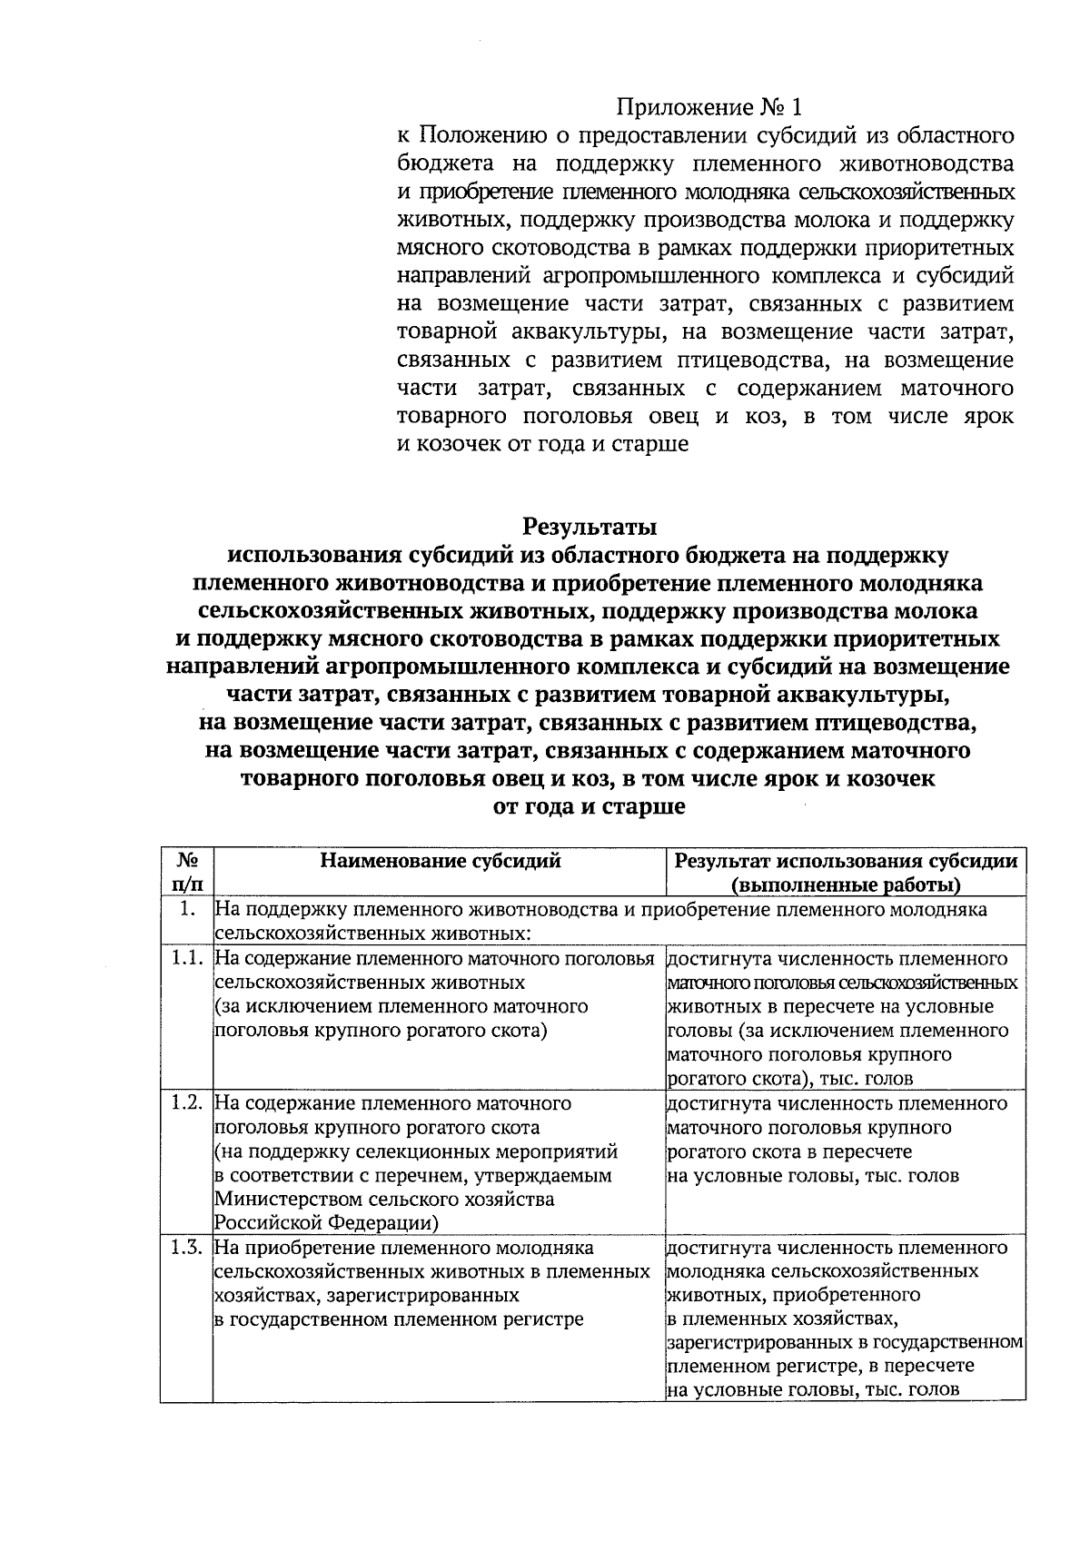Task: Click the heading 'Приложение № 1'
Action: [710, 108]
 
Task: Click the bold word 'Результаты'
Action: [589, 527]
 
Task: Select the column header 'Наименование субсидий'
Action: [440, 861]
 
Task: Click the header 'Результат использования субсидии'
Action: [846, 861]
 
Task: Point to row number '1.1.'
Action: [186, 959]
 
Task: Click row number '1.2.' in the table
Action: [186, 1103]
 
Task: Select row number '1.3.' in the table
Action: [186, 1248]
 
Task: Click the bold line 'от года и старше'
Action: [588, 806]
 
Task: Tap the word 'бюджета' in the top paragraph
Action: [445, 164]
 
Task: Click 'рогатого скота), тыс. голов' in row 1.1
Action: [789, 1079]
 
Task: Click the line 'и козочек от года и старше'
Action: [543, 445]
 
